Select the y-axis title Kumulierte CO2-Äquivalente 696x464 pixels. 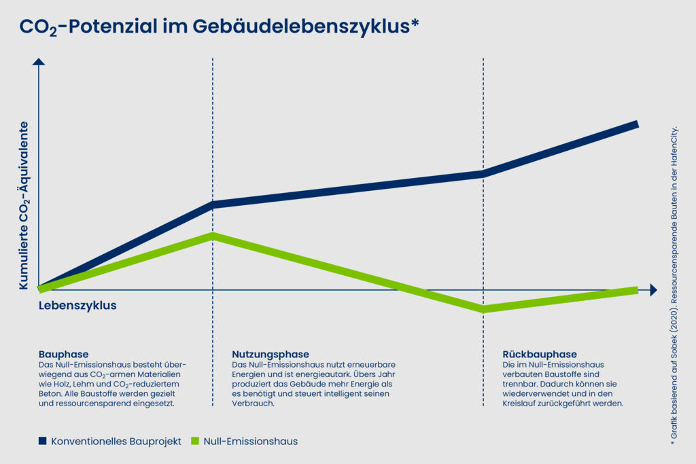point(24,206)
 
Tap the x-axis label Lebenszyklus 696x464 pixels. point(77,306)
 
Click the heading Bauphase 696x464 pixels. point(64,354)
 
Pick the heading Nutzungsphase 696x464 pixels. point(271,354)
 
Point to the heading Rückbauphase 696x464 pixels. point(540,354)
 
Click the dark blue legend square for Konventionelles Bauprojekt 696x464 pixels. point(43,441)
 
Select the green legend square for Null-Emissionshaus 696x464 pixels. point(195,441)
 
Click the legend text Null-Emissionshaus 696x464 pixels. point(251,441)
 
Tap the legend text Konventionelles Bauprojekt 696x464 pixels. point(116,441)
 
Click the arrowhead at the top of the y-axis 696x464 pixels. point(39,63)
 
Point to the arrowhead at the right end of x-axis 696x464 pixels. point(653,290)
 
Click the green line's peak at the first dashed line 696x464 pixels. point(213,236)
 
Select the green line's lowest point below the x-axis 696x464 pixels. point(483,309)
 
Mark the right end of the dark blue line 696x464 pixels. point(636,124)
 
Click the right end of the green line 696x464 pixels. point(636,290)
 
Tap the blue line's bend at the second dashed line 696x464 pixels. point(483,173)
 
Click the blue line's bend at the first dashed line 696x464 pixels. point(213,204)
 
